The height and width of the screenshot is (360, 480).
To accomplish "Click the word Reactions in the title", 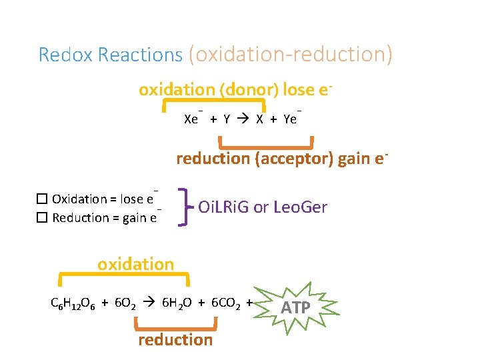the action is (x=140, y=55).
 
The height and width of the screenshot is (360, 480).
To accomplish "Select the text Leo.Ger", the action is (x=299, y=207).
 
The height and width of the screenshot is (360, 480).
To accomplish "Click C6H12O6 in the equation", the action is (x=73, y=303).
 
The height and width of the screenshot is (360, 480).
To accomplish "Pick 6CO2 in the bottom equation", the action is (x=226, y=303).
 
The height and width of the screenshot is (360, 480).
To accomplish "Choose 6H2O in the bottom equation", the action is (x=177, y=303).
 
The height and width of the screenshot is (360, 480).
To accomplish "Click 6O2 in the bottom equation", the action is (x=125, y=303).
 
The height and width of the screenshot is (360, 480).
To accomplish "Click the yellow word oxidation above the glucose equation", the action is (x=135, y=264).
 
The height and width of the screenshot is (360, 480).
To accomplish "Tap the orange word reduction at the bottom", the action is (x=175, y=340).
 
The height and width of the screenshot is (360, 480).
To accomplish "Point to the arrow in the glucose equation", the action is (x=151, y=303).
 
